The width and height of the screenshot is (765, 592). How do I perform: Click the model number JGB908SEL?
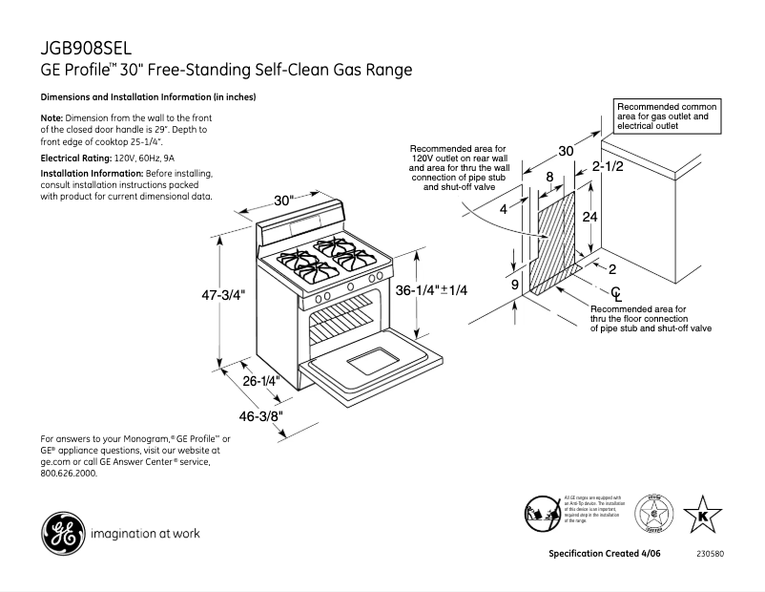pos(86,47)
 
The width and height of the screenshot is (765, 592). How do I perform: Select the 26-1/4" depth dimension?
pos(259,380)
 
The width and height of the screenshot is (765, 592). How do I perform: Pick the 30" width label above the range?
pos(283,201)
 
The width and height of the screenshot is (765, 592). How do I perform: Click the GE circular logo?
pos(60,533)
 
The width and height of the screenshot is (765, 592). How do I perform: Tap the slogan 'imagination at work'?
pos(144,534)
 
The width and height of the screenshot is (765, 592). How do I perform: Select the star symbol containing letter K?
pos(703,515)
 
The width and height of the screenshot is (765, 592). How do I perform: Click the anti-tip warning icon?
pos(541,513)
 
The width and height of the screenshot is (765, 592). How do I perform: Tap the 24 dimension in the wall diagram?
pos(590,217)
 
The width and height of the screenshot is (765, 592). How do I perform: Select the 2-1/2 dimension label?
pos(608,167)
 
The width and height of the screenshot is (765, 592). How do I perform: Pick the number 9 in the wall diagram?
pos(514,285)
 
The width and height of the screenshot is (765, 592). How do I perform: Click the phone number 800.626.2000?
pos(69,473)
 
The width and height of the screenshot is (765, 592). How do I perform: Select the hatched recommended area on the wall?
pos(556,243)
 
